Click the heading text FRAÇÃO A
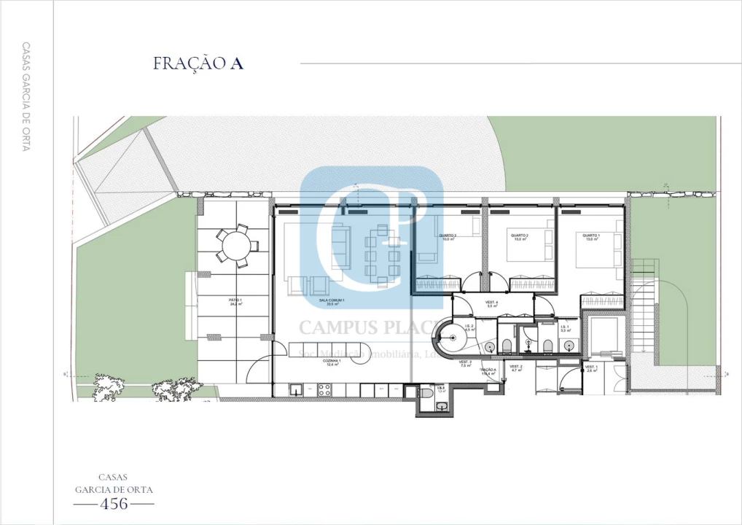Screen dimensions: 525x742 point(198,63)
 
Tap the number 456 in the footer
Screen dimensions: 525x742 point(114,503)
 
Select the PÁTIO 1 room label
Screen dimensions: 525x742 point(235,301)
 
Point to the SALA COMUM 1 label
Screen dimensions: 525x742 point(331,302)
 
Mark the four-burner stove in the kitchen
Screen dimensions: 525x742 point(323,392)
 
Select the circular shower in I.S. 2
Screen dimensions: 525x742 point(452,338)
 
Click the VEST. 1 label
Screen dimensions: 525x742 point(590,369)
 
